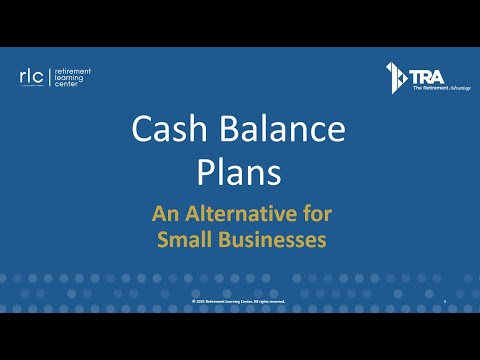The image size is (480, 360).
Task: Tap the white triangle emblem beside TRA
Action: pos(394,76)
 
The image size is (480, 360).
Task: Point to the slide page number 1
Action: pos(444,300)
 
